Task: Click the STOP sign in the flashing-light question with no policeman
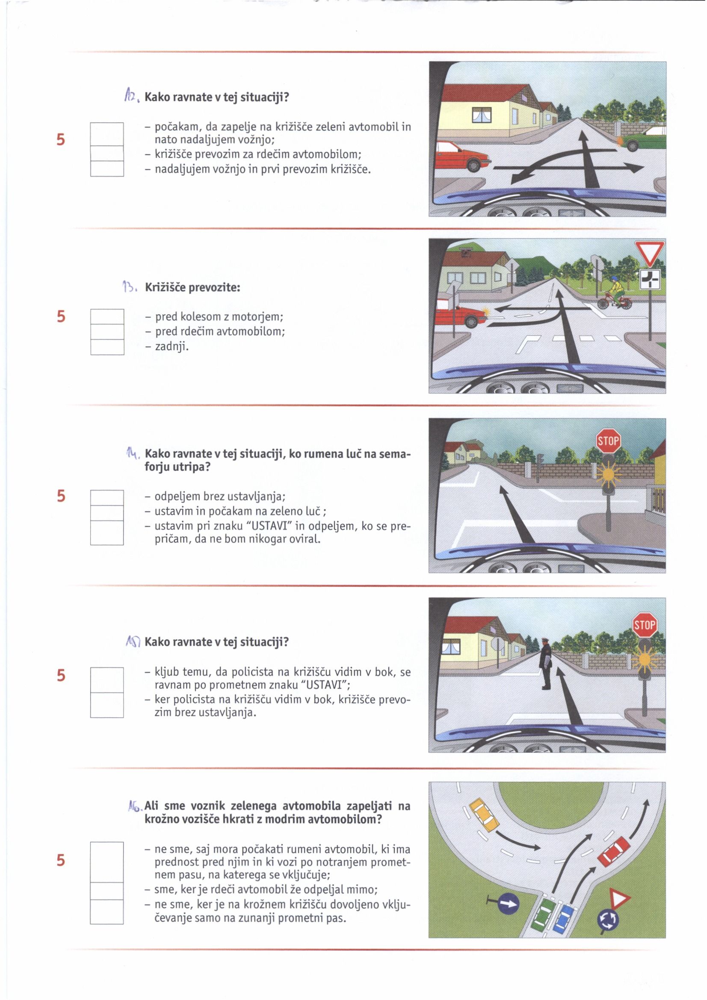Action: click(608, 441)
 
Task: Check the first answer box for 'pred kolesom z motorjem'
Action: click(107, 317)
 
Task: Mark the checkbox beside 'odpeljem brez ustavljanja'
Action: click(107, 497)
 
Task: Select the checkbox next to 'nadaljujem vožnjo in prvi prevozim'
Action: click(107, 169)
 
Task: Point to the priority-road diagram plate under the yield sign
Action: click(649, 279)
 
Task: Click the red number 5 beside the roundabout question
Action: click(61, 861)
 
